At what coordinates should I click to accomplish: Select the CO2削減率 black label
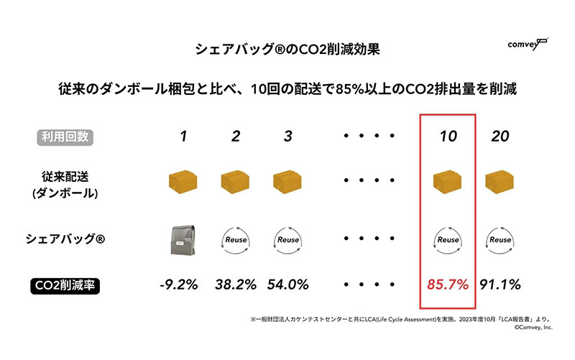[x=67, y=285]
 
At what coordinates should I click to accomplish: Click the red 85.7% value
[x=448, y=285]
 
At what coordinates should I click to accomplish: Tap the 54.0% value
[x=287, y=285]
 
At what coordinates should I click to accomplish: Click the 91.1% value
[x=500, y=285]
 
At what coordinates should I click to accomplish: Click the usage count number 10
[x=448, y=135]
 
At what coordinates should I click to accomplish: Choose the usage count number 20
[x=500, y=135]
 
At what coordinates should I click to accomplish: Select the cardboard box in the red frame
[x=448, y=183]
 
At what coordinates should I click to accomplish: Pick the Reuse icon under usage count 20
[x=500, y=239]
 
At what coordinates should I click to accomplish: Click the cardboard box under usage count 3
[x=287, y=183]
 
